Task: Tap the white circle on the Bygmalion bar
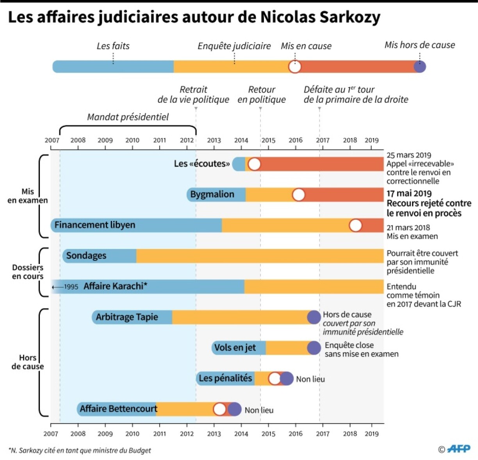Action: click(299, 194)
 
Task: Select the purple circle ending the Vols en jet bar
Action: click(314, 348)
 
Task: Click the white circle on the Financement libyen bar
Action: click(356, 225)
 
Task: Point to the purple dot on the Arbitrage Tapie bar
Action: click(314, 317)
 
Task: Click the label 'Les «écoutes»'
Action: click(202, 164)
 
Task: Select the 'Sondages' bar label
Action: click(86, 256)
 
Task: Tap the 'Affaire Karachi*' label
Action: click(115, 286)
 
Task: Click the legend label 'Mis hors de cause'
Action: click(420, 45)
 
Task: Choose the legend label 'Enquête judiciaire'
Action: click(234, 46)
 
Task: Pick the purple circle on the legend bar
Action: click(420, 67)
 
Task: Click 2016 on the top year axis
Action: click(295, 140)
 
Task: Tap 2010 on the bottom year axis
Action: click(132, 433)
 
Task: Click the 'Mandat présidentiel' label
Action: click(128, 117)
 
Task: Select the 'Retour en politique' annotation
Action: click(262, 94)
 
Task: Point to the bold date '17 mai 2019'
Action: click(409, 193)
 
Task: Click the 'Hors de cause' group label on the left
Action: click(27, 362)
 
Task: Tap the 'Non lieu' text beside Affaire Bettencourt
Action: click(259, 410)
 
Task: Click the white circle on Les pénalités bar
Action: click(275, 378)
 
